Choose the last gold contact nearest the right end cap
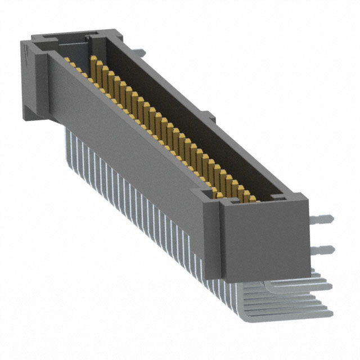246,195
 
